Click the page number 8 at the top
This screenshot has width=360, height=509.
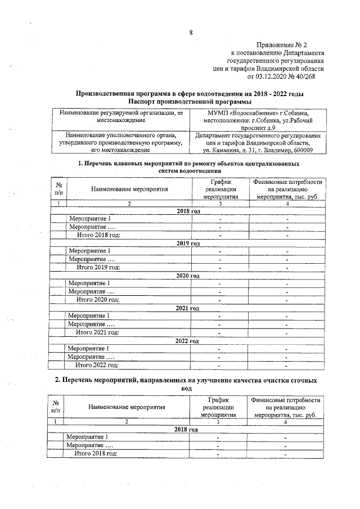191,32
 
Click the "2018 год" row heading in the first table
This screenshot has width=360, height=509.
188,210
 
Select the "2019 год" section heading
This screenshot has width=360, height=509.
188,243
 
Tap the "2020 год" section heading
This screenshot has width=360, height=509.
188,276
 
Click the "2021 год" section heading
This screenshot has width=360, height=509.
188,308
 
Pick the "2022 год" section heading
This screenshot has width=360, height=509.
187,341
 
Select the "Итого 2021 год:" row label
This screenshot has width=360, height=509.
98,332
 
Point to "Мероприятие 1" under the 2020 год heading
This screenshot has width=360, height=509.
89,283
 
